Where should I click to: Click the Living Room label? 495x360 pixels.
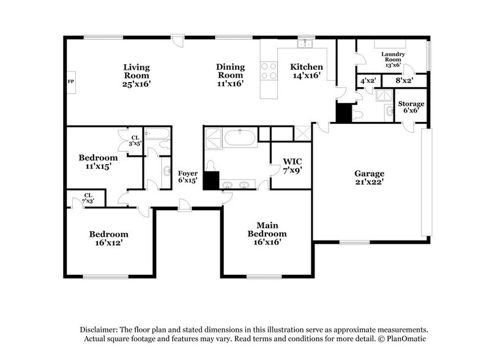(136, 75)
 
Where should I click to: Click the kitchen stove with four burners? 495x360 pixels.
(268, 71)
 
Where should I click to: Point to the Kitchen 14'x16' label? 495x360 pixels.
(307, 72)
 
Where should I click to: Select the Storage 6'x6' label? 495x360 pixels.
(411, 108)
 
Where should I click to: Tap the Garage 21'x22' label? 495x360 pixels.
(368, 178)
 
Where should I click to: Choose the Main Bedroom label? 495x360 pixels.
(267, 229)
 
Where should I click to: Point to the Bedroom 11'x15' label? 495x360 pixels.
(98, 162)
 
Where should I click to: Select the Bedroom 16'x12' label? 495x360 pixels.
(109, 238)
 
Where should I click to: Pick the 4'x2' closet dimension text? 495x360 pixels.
(367, 81)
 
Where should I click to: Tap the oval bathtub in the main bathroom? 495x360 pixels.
(241, 136)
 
